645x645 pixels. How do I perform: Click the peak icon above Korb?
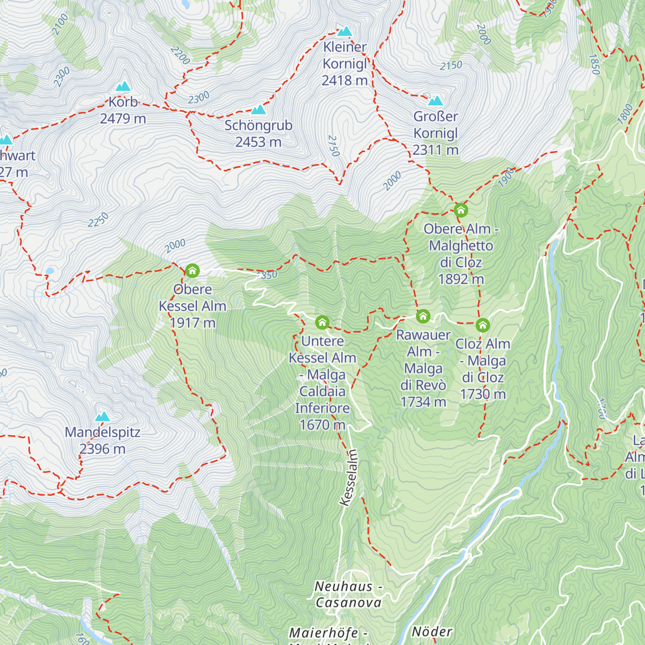tap(123, 87)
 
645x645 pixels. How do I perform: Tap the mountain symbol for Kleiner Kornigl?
tap(345, 31)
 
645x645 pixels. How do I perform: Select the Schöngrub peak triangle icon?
tap(259, 110)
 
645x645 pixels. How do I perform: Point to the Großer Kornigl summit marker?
tap(435, 101)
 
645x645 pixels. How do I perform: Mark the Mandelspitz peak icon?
tap(102, 417)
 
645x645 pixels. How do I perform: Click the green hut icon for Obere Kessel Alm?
tap(192, 271)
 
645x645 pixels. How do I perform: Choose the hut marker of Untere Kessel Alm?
tap(322, 322)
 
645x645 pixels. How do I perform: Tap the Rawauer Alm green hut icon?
tap(423, 316)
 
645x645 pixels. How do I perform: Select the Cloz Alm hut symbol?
tap(483, 325)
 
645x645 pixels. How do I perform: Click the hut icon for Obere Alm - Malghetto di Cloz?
tap(461, 210)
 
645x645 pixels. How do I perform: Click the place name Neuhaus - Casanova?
tap(348, 594)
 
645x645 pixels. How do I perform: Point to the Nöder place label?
tap(432, 632)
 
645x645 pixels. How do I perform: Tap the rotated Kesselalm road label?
tap(349, 477)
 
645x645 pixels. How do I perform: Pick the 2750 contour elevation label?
tap(333, 146)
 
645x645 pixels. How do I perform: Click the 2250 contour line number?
tap(98, 220)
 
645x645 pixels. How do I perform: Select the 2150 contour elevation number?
tap(451, 66)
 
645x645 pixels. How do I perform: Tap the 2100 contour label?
tap(60, 24)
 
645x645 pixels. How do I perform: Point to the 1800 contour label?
tap(625, 114)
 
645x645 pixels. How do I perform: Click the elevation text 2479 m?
tap(123, 119)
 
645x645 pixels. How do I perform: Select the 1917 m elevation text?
tap(192, 323)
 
